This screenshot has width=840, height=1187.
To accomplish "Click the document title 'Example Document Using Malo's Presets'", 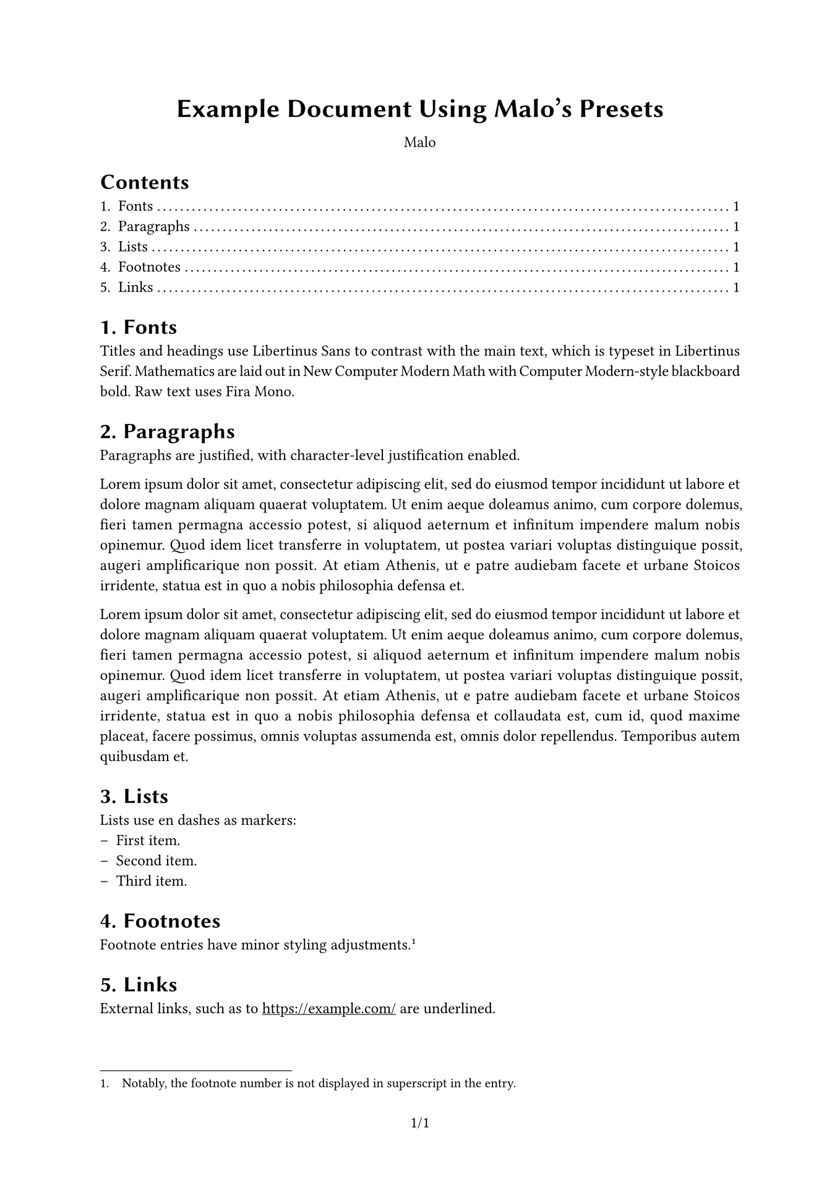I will (x=420, y=109).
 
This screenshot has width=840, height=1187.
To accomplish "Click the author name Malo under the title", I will (x=420, y=143).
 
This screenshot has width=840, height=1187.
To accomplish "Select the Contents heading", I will (x=144, y=182).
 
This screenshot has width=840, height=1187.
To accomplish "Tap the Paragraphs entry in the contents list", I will (x=153, y=227).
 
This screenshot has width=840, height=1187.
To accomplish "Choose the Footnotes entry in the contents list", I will (x=149, y=268).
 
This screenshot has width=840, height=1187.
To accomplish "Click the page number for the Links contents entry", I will (x=736, y=287).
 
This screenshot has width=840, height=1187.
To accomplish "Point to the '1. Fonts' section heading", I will (x=139, y=327).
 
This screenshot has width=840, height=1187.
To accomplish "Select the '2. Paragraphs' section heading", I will (x=168, y=431).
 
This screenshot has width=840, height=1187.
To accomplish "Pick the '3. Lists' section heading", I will (x=134, y=796).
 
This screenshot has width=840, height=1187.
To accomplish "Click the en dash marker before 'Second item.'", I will (x=104, y=861).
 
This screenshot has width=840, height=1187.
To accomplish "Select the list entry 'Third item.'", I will (x=152, y=882).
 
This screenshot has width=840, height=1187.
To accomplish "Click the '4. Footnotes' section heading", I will (x=160, y=921).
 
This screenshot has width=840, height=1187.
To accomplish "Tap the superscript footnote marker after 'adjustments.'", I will (x=413, y=942).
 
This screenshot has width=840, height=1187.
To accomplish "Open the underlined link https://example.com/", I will (x=329, y=1009).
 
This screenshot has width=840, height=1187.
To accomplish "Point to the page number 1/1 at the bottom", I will (x=420, y=1123).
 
